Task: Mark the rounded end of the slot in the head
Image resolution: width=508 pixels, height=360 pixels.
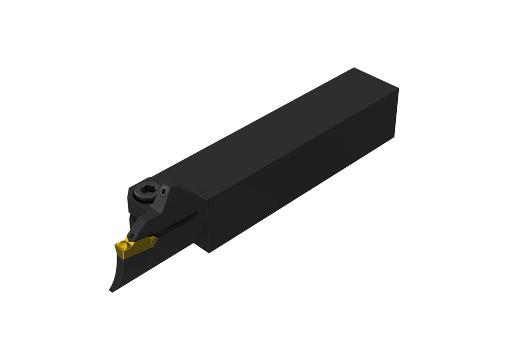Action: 197,214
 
